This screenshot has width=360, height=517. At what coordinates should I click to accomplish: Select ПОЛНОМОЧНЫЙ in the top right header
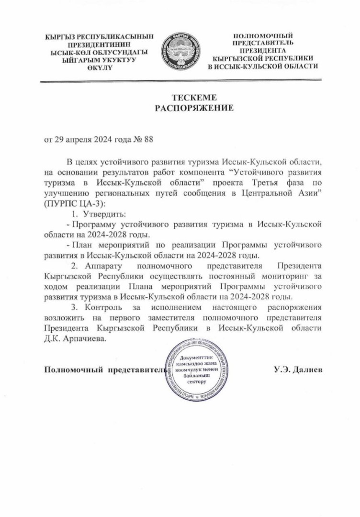click(x=263, y=36)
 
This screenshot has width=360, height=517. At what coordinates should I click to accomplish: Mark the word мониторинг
click(x=282, y=275)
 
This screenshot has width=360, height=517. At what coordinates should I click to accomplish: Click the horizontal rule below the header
click(x=180, y=82)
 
